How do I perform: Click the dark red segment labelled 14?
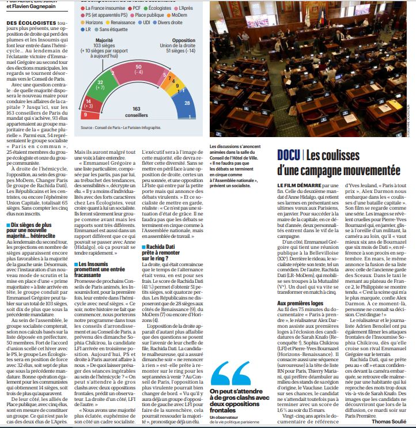pos(89,104)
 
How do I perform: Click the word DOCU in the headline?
pos(288,155)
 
